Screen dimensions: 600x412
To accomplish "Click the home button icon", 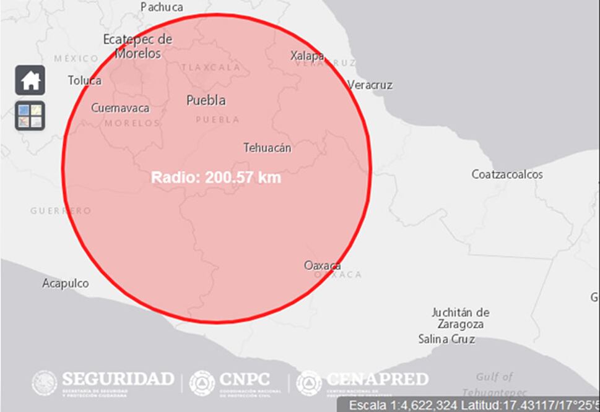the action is tap(30, 80).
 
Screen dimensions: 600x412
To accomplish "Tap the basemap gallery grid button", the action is tap(30, 116).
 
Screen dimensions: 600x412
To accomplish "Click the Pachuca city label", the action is tap(162, 7).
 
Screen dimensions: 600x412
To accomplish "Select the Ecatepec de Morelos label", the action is tap(137, 46).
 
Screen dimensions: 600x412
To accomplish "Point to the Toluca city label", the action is tap(85, 80).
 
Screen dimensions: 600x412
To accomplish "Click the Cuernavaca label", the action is tap(120, 108).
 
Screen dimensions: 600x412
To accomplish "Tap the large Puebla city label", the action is tap(206, 100).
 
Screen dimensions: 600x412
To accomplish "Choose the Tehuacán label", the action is tap(267, 148).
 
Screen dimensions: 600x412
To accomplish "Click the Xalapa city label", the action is tap(307, 56).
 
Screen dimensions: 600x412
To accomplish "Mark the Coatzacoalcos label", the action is tap(507, 174).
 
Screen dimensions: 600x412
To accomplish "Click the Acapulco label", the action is tap(65, 283).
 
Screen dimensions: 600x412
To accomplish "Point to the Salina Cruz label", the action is tap(446, 339).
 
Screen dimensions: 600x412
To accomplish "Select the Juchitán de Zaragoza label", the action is tap(460, 318).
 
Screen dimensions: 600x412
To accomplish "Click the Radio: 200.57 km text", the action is tap(216, 178).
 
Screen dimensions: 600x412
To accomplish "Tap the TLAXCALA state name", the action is tap(211, 67).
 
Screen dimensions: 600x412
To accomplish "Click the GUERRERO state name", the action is tap(61, 211).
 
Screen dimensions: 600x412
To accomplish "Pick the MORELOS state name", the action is tap(132, 123).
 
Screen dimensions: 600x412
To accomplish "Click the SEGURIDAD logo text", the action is tap(117, 379).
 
